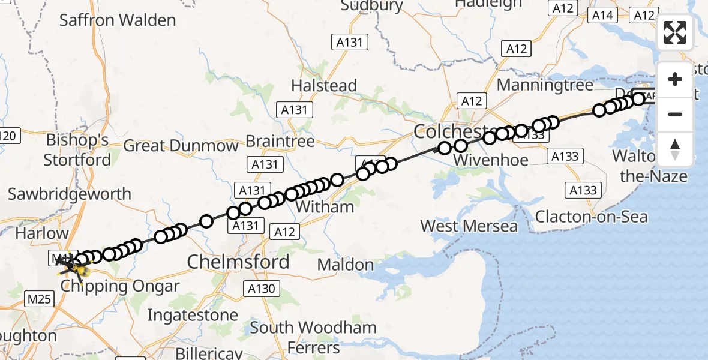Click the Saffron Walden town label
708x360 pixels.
[x=118, y=20]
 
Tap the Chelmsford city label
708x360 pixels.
[x=238, y=262]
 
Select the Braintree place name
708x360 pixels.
[x=280, y=142]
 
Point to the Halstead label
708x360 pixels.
[x=324, y=85]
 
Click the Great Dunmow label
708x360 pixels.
[x=181, y=146]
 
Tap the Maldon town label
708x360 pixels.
[x=345, y=264]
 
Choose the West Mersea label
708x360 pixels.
[x=469, y=226]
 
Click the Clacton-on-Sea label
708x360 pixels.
[x=591, y=216]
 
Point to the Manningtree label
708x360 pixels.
[x=545, y=85]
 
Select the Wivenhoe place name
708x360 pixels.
[x=491, y=160]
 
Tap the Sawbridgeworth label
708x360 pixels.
[x=69, y=194]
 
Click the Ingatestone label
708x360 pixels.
[x=193, y=314]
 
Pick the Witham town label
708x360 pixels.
[x=326, y=207]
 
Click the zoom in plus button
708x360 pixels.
[x=675, y=79]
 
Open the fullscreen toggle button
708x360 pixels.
[x=675, y=32]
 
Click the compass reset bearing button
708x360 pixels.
[x=675, y=149]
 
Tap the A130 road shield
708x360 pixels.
[x=262, y=289]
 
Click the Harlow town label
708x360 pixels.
[x=42, y=233]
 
